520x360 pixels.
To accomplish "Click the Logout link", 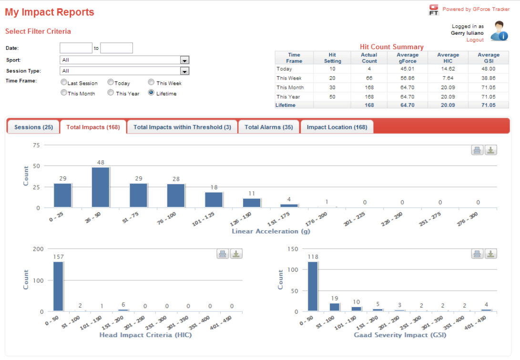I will point(475,40).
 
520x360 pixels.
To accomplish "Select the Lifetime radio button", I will point(151,93).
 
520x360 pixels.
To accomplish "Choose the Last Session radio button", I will point(64,82).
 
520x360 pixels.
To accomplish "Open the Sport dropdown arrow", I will point(185,60).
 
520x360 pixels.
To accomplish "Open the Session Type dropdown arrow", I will point(185,71).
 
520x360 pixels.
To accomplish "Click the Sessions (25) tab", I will point(33,127).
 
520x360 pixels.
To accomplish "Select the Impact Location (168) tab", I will point(337,127).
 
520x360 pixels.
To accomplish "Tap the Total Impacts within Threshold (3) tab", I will point(182,127).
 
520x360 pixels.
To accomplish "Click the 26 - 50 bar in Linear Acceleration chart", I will point(101,187).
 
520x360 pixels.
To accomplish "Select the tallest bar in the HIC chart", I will point(58,286).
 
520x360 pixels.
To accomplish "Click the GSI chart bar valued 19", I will point(335,307).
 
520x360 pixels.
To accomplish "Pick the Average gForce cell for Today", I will point(408,69).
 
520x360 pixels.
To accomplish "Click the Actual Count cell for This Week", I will point(369,78).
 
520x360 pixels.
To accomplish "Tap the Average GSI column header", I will point(489,58).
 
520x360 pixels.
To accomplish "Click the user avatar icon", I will point(499,31).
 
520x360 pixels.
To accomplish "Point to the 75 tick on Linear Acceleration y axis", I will point(36,145).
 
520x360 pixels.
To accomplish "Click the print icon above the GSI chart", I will point(477,254).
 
